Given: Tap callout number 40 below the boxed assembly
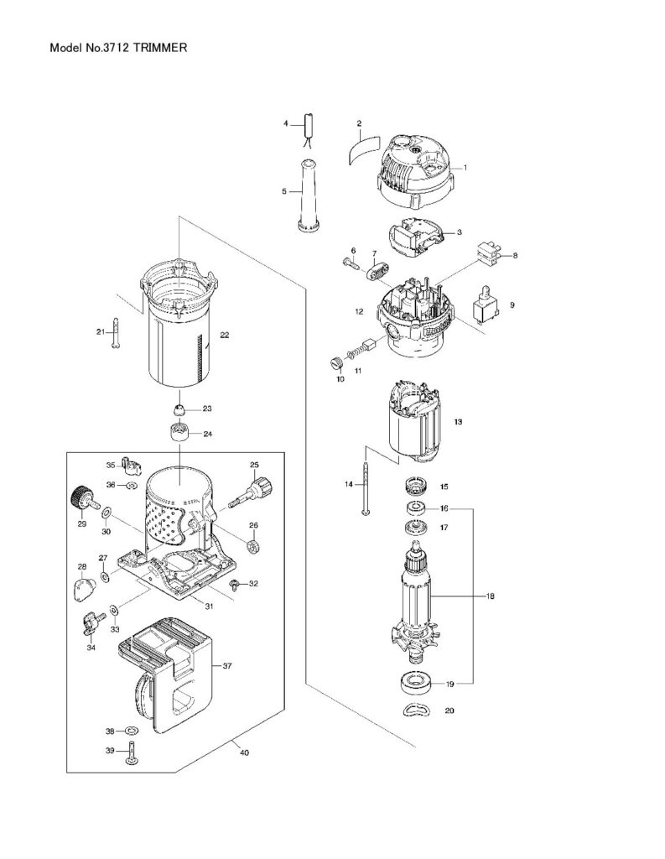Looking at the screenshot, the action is tap(244, 752).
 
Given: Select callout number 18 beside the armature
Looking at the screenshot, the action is tap(491, 596).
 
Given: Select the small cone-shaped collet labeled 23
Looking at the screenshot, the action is tap(180, 409).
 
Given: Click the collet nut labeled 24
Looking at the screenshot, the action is tap(179, 431).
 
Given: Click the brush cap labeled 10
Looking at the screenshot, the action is tap(337, 362).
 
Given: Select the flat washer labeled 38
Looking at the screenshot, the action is tap(132, 731).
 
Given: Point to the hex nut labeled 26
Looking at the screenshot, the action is tap(253, 546).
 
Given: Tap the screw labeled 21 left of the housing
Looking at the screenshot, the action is tap(116, 332).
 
